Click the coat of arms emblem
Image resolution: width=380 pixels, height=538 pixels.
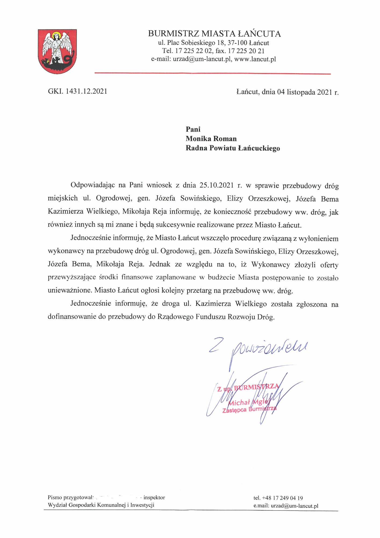point(57,51)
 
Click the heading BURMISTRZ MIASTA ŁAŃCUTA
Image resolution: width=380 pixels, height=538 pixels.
point(214,34)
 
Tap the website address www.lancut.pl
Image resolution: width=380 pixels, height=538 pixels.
point(255,59)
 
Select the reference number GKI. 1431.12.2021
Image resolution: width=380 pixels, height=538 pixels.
point(77,91)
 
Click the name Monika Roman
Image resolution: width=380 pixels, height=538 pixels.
point(211,139)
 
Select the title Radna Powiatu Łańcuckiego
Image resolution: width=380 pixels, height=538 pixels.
point(233,148)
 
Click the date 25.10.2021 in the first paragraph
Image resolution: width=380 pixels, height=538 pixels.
point(217,185)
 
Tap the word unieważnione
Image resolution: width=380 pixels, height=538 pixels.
point(70,291)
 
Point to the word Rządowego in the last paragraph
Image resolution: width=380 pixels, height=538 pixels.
point(175,317)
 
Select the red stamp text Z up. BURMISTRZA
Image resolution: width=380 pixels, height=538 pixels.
point(248,388)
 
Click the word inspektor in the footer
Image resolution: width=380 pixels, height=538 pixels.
point(154,498)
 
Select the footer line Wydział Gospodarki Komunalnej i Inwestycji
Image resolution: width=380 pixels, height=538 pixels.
point(101,505)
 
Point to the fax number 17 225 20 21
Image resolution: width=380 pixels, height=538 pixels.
point(246,51)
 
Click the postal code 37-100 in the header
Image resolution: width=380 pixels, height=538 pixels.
point(237,43)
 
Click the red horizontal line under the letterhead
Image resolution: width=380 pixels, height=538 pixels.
point(212,73)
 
